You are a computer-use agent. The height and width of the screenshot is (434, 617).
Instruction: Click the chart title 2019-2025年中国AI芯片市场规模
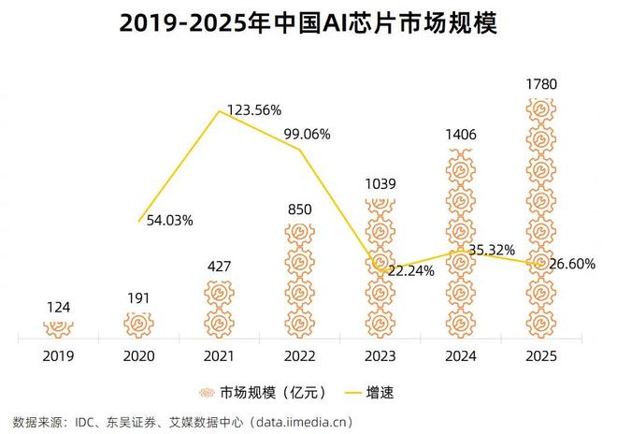click(308, 22)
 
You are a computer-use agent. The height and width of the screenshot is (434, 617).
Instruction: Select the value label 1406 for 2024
click(460, 136)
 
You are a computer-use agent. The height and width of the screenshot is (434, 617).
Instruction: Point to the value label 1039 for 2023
click(380, 183)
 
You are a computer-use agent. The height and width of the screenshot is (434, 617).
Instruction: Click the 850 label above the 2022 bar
click(300, 210)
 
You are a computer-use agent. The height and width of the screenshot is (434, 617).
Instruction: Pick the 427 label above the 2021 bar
click(221, 266)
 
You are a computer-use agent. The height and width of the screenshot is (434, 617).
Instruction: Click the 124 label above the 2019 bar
click(58, 307)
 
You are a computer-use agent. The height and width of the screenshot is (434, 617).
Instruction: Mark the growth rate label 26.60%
click(569, 264)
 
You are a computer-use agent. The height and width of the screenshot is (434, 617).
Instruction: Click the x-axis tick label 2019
click(58, 355)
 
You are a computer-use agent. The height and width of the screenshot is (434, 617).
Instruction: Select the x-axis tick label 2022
click(300, 355)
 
